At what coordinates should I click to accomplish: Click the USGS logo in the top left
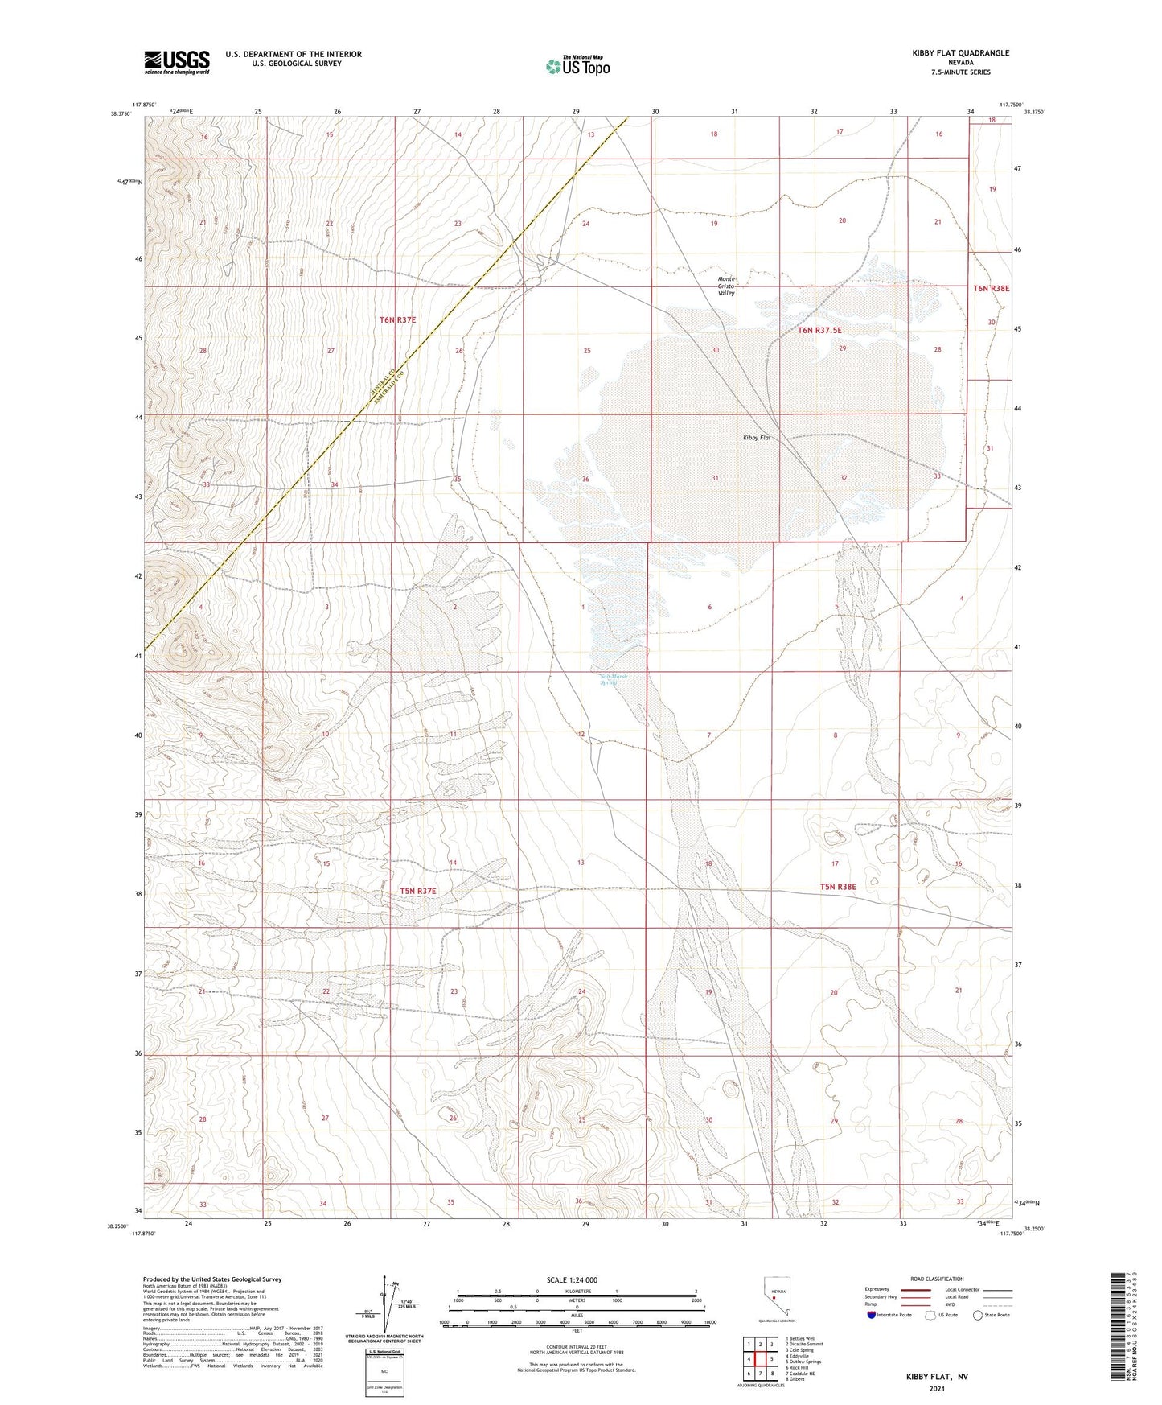(177, 62)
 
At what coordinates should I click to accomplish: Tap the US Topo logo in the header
(577, 66)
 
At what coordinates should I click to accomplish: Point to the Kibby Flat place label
(756, 437)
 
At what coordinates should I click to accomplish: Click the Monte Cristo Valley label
(727, 286)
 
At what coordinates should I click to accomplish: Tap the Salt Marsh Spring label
(613, 679)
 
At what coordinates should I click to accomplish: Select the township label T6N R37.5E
(819, 330)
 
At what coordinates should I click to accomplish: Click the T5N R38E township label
(838, 886)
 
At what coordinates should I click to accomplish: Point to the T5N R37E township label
(418, 891)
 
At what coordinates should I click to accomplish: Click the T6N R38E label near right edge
(991, 288)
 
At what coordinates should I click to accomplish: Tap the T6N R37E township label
(397, 319)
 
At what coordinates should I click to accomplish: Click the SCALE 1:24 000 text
(572, 1279)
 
